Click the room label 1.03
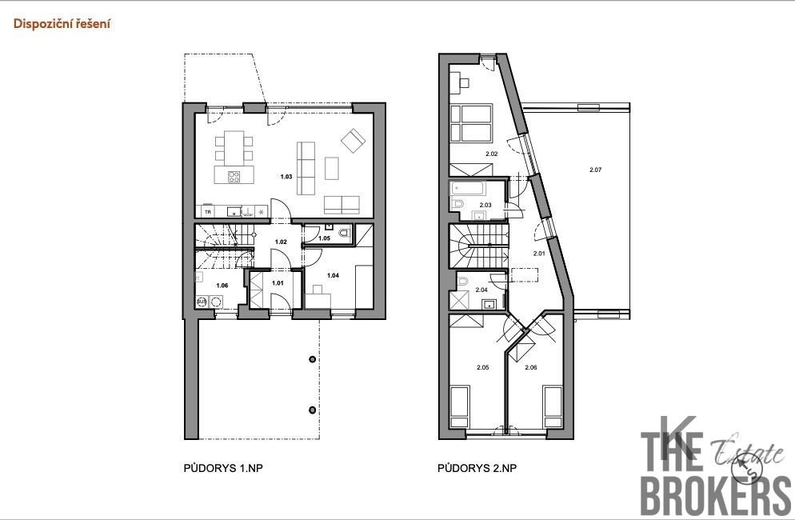point(286,175)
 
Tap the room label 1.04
point(333,276)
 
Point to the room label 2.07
point(595,170)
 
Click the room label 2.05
point(482,368)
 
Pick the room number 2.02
point(492,154)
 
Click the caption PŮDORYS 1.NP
point(223,468)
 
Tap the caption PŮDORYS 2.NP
point(477,468)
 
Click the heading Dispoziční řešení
point(62,24)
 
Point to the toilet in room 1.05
point(343,234)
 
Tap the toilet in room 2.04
point(462,281)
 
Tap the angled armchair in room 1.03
point(352,142)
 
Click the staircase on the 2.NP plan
point(477,247)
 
